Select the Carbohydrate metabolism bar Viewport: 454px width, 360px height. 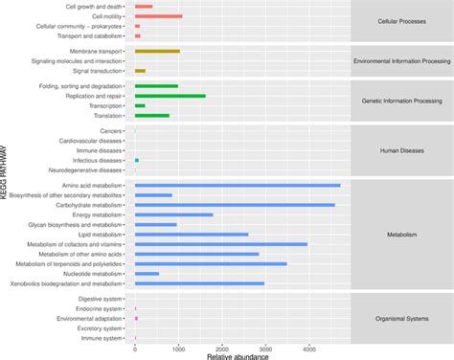[235, 205]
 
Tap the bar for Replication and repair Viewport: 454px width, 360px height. [170, 96]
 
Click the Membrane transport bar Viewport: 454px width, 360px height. [157, 51]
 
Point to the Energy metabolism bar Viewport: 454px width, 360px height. [173, 214]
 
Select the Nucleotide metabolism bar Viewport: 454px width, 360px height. [147, 274]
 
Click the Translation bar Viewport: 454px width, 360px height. [151, 116]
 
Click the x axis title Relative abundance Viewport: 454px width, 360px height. [238, 356]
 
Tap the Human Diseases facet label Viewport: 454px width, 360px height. [401, 149]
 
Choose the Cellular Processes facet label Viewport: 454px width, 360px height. [401, 21]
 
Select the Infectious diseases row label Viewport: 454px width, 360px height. [96, 160]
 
